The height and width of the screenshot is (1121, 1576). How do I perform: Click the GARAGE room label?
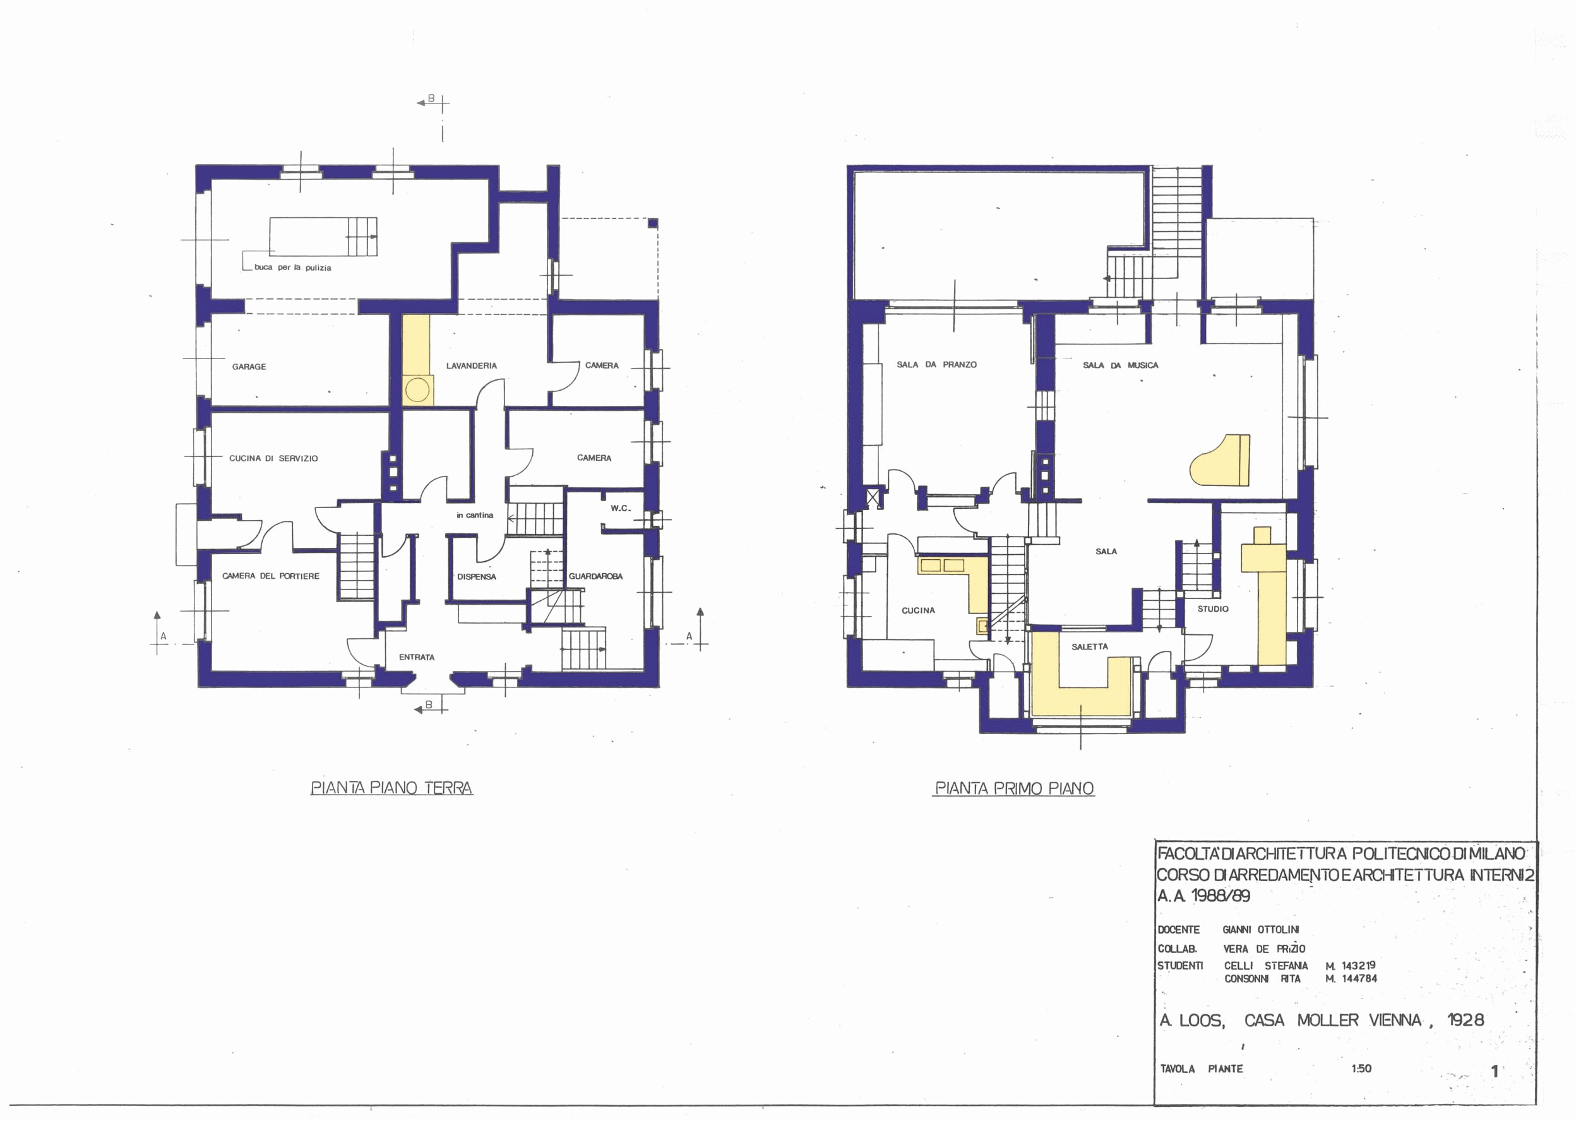click(249, 367)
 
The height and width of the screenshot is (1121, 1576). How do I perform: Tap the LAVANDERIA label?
click(472, 366)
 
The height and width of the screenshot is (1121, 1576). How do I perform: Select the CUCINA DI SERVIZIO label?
click(273, 458)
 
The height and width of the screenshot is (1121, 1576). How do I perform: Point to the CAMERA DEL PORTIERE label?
click(271, 576)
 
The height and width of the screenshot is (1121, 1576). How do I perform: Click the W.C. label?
click(621, 509)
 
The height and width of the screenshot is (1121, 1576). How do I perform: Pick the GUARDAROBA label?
click(596, 576)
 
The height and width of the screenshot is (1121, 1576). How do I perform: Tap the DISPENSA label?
click(476, 577)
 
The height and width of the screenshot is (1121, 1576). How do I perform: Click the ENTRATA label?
click(417, 657)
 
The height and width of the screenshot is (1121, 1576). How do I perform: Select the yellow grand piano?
click(1220, 460)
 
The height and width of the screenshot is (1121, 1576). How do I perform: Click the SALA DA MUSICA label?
click(1120, 365)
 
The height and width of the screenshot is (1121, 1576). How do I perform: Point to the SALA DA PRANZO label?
click(937, 364)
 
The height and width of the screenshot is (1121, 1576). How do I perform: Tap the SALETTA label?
click(1090, 647)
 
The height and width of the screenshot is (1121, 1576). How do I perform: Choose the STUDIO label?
click(1213, 609)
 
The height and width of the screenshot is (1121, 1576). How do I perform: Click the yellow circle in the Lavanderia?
click(417, 390)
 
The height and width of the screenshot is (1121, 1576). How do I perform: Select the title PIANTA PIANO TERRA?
click(391, 788)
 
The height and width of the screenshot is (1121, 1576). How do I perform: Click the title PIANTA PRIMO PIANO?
click(1014, 788)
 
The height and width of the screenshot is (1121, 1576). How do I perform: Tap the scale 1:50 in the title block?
click(1361, 1069)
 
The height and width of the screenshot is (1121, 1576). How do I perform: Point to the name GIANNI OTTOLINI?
click(1260, 930)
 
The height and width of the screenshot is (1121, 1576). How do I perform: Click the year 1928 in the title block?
click(1466, 1019)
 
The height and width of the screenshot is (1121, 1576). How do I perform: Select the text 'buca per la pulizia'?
click(293, 267)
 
